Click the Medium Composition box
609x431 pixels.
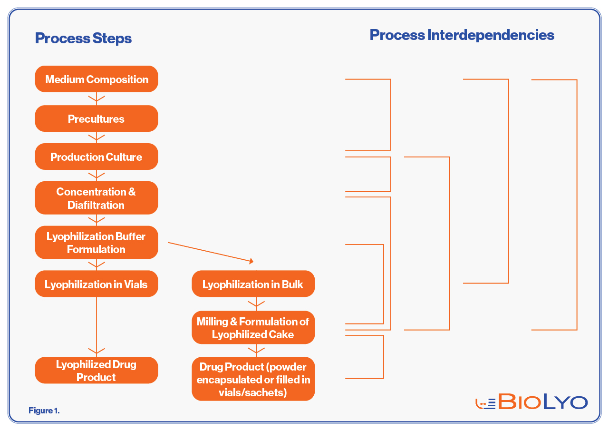pos(97,79)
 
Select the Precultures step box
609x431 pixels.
pos(97,119)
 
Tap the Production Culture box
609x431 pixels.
pos(97,157)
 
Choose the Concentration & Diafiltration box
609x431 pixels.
pos(97,198)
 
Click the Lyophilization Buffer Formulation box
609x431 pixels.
pos(97,243)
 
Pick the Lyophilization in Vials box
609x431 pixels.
pos(97,284)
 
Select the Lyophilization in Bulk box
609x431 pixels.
pos(253,284)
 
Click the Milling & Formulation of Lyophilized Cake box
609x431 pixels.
pos(253,328)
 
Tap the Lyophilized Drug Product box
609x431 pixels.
pos(97,371)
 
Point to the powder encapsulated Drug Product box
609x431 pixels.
pos(253,379)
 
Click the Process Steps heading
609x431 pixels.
pos(83,39)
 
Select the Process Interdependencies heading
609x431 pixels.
pos(462,35)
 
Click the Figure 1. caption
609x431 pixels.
pos(44,411)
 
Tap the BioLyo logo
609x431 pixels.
pos(532,402)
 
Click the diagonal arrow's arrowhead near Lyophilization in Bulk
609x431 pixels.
pos(251,261)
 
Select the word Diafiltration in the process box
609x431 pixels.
pos(96,205)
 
